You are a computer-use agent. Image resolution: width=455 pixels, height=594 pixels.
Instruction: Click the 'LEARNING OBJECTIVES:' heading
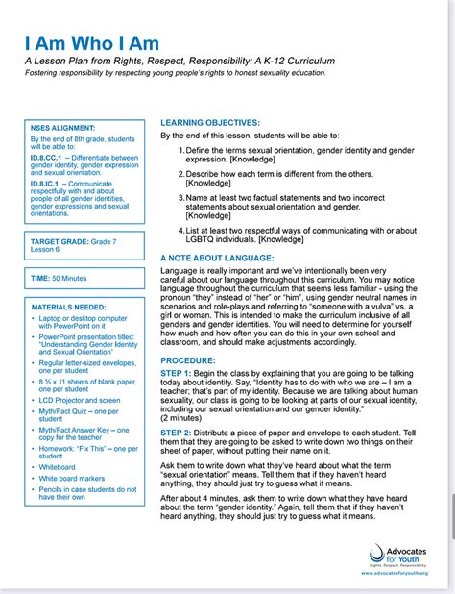[x=209, y=124]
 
